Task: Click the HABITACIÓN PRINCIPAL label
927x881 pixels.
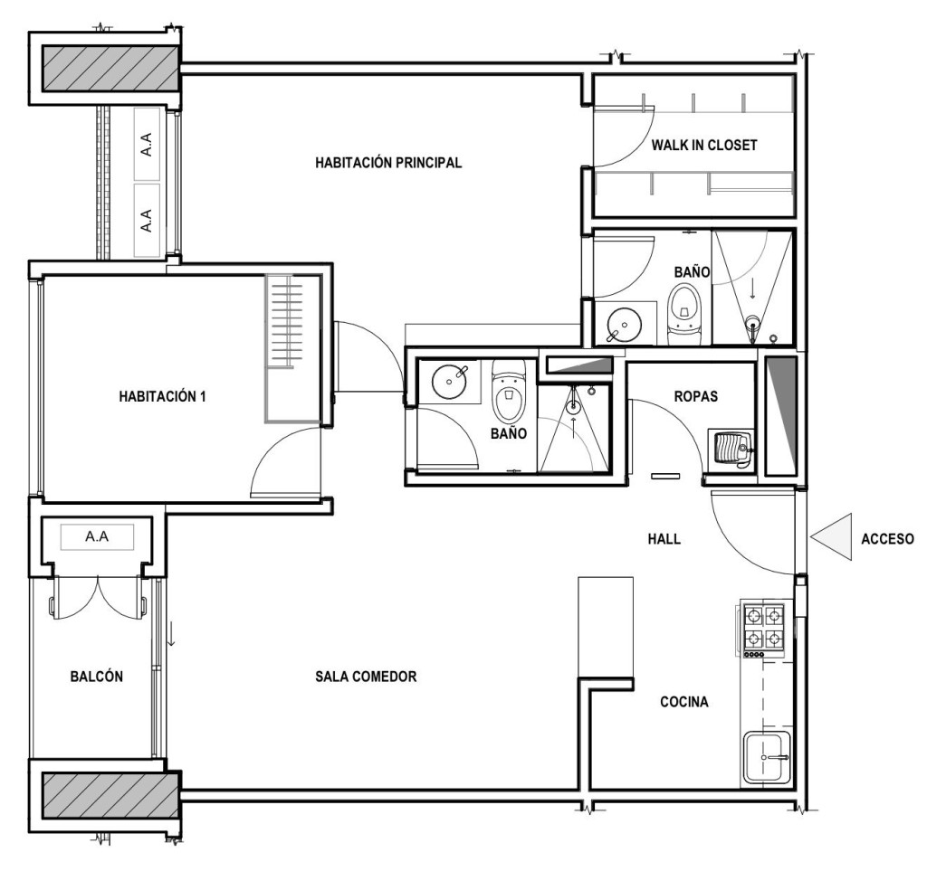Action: (x=387, y=163)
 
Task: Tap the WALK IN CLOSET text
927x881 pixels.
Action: (x=704, y=146)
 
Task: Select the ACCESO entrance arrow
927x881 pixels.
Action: (x=831, y=536)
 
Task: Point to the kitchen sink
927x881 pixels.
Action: (x=767, y=757)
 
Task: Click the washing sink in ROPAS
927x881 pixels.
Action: (x=731, y=449)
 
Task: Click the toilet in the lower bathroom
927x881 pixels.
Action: (x=509, y=390)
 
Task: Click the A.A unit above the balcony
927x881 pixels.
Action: (x=97, y=537)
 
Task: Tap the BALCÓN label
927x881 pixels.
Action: (x=96, y=677)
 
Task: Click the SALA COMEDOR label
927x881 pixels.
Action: (x=366, y=677)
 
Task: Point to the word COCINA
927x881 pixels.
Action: (x=684, y=702)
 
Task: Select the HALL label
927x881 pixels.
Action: (x=664, y=539)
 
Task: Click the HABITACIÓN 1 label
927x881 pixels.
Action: (x=163, y=396)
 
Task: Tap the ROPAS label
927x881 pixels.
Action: (x=696, y=396)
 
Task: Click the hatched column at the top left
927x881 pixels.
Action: (x=110, y=69)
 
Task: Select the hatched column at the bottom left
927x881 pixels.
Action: (x=110, y=795)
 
